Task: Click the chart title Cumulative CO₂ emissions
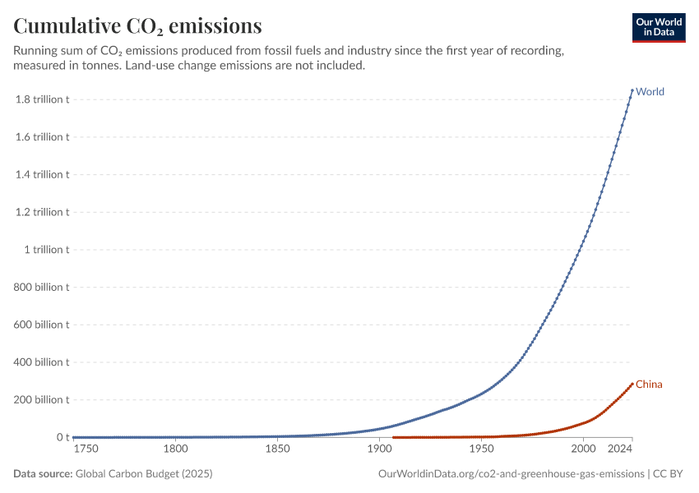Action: point(137,26)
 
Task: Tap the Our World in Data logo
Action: point(658,27)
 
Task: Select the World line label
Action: point(650,91)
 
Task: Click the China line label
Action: point(649,385)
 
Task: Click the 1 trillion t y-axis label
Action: point(47,250)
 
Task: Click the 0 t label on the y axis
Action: point(62,437)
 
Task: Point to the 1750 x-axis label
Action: point(86,449)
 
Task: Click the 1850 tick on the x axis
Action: point(277,449)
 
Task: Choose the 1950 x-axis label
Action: point(481,449)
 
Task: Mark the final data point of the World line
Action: point(632,90)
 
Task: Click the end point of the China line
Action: point(632,384)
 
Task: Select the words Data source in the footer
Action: point(43,474)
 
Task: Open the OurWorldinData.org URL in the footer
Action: point(511,474)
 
